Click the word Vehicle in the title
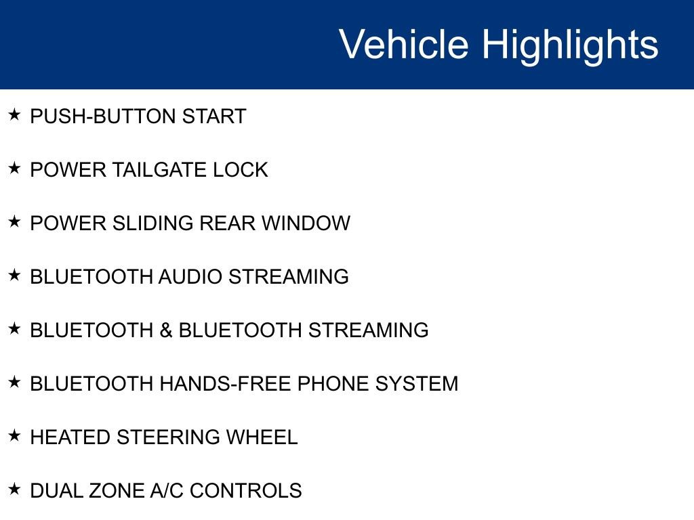click(403, 45)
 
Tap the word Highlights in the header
click(570, 45)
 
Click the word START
click(214, 116)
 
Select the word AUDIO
click(190, 277)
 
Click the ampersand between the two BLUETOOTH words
click(166, 330)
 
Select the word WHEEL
click(262, 437)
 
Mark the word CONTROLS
click(245, 491)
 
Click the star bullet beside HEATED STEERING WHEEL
click(15, 435)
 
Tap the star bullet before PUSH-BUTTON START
click(15, 114)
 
